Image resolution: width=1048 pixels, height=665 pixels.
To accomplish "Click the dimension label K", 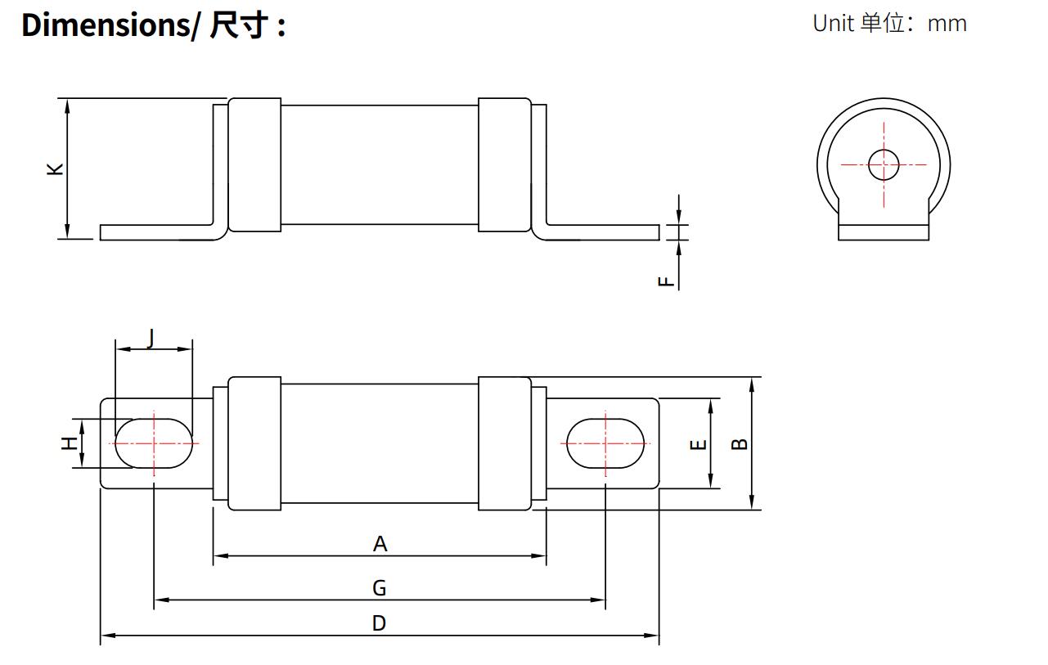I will click(55, 168).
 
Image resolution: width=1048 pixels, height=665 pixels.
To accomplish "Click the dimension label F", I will click(667, 281).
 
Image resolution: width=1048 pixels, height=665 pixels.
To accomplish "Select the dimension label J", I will click(151, 338).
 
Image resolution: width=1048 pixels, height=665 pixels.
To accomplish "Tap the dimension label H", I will click(70, 443).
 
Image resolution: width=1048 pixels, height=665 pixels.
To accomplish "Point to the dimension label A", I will click(380, 544).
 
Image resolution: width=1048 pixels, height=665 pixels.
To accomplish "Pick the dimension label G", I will click(379, 588).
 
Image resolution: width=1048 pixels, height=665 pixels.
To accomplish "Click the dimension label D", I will click(379, 623).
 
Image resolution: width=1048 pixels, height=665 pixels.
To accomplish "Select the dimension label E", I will click(698, 444).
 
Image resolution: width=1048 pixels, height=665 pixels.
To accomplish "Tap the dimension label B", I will click(739, 443).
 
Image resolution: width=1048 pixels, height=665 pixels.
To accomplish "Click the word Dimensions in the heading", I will click(105, 25).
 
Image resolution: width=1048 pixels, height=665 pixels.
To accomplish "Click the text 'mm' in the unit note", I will click(947, 24).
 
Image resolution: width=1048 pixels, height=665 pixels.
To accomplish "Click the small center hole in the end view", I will click(884, 164).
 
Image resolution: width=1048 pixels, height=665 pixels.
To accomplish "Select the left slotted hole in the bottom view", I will click(155, 443).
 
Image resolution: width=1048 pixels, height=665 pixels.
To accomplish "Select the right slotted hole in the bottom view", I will click(605, 443).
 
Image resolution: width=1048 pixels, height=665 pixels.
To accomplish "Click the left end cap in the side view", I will click(254, 165).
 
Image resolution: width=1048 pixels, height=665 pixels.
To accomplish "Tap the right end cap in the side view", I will click(505, 165).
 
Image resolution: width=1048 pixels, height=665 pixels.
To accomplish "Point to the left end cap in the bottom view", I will click(254, 443).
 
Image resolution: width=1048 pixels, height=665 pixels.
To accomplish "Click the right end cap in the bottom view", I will click(505, 443).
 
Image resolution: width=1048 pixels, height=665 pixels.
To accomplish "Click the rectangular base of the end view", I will click(884, 232).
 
